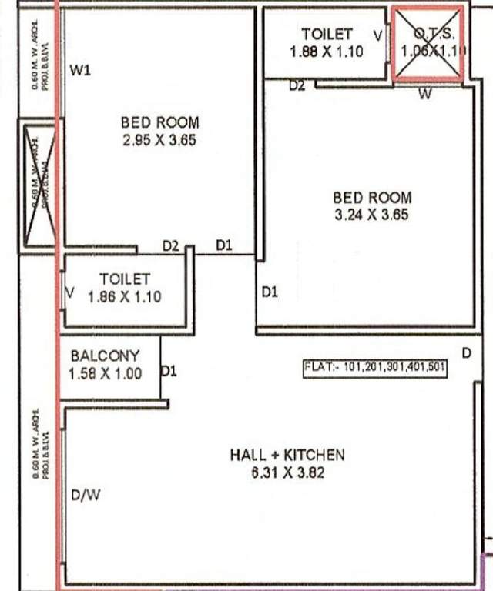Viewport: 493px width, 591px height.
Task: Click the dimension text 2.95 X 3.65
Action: click(159, 141)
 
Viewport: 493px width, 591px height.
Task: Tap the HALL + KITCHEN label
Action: click(287, 455)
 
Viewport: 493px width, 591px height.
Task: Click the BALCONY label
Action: click(105, 356)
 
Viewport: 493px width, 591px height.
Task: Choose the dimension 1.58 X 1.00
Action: click(105, 374)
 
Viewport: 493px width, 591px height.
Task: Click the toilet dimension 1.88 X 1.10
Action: click(327, 52)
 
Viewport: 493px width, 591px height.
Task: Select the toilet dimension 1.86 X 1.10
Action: click(124, 296)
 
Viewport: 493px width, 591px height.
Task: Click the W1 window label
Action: click(81, 72)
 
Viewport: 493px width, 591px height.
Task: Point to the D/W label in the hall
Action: click(86, 496)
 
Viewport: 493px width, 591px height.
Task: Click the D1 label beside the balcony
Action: click(169, 372)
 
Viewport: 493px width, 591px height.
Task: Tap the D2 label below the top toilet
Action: click(297, 86)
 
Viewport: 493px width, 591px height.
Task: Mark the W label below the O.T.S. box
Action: click(424, 95)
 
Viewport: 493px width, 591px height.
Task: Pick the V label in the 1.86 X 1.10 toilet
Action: click(71, 293)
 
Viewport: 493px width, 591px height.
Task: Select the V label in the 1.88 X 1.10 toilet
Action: click(377, 35)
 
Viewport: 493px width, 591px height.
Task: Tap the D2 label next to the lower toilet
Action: click(171, 246)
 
